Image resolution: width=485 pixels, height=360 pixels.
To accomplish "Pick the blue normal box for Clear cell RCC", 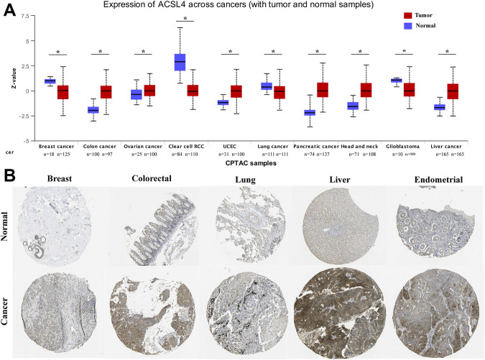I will click(x=180, y=62).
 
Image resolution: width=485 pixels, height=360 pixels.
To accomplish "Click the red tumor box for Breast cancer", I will click(x=63, y=91).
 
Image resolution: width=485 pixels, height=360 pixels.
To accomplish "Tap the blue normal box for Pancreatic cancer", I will click(x=309, y=112).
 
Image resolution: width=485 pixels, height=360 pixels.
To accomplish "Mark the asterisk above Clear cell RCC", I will click(x=186, y=19).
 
